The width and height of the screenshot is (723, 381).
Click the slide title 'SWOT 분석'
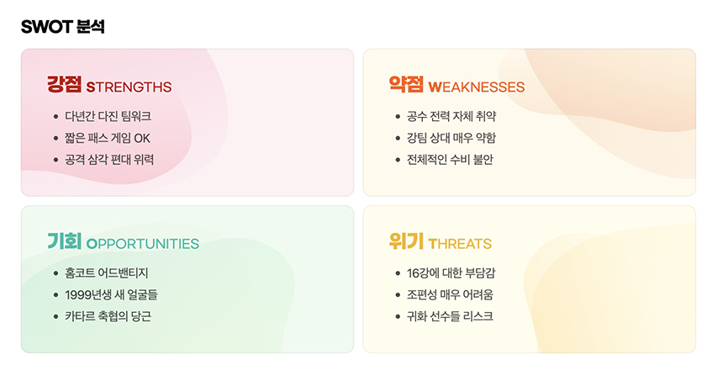(x=63, y=26)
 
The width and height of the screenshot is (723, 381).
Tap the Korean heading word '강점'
(x=64, y=85)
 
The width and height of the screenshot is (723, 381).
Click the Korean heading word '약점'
(x=406, y=85)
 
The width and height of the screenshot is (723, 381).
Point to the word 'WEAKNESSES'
(x=476, y=87)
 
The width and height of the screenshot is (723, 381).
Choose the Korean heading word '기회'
(x=64, y=242)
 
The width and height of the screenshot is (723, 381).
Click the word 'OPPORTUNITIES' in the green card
(x=143, y=244)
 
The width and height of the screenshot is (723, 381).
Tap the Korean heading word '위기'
(x=406, y=242)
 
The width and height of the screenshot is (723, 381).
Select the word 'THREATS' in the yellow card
(x=459, y=244)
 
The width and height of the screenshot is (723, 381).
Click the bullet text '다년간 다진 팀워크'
(x=108, y=116)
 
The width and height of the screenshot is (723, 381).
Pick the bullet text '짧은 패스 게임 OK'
(x=107, y=138)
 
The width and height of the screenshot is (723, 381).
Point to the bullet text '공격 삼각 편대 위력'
(x=109, y=159)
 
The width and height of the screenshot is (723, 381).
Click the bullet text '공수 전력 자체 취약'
(x=451, y=116)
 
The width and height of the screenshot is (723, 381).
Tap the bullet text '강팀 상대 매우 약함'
(x=451, y=138)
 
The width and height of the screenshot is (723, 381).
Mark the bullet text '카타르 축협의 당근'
(x=108, y=316)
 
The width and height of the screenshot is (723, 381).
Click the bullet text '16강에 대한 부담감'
(x=451, y=273)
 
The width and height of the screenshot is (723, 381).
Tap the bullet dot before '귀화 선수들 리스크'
(x=398, y=317)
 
